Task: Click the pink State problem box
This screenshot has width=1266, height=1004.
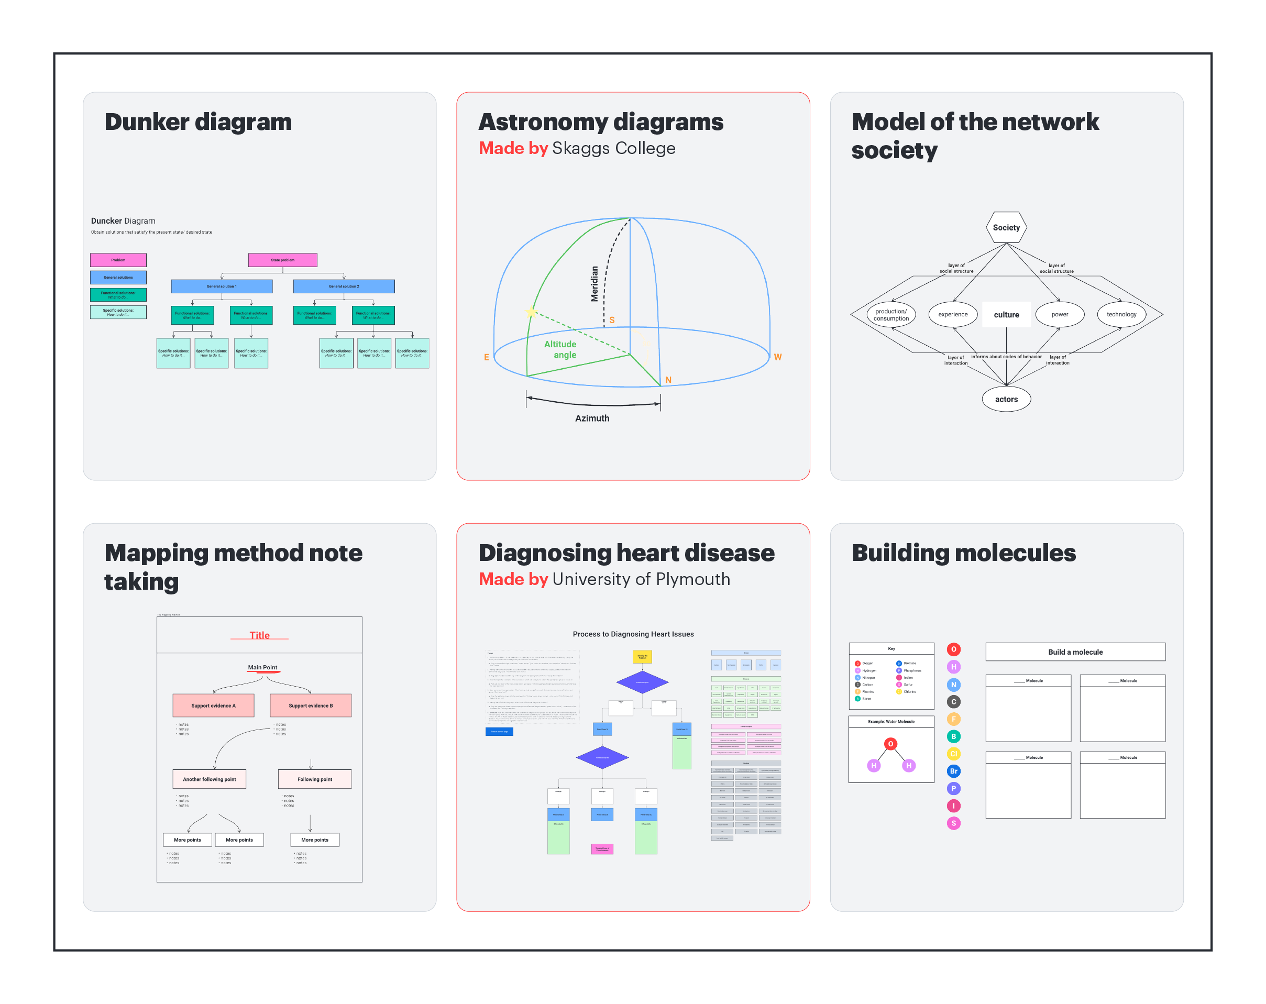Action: click(x=282, y=260)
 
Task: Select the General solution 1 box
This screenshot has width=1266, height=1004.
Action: click(x=222, y=286)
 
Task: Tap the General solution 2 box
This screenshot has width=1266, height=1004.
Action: click(x=344, y=286)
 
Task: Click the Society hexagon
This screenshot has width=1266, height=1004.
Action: click(x=1006, y=228)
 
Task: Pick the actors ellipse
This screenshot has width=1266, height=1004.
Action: click(x=1006, y=399)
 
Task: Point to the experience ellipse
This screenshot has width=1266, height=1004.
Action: click(x=952, y=315)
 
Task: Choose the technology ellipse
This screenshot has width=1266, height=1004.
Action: click(x=1121, y=315)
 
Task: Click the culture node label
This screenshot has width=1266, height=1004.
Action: click(x=1006, y=315)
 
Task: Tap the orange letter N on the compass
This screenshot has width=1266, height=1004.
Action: click(x=668, y=380)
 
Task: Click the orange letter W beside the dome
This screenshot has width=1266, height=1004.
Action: click(x=777, y=358)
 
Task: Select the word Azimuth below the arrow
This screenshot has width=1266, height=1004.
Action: click(x=592, y=418)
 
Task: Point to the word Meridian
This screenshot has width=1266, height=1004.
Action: click(x=595, y=284)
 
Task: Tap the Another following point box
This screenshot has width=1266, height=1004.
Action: click(x=209, y=779)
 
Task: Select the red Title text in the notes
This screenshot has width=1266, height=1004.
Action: click(x=260, y=635)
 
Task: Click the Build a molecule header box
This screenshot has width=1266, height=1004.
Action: click(x=1075, y=652)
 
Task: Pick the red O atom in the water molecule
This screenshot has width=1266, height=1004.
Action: click(x=890, y=744)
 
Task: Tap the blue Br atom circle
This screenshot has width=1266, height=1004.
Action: click(x=953, y=771)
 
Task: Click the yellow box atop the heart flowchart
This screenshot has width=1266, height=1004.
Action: click(x=642, y=656)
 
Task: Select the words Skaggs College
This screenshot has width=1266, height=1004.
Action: click(x=614, y=149)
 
